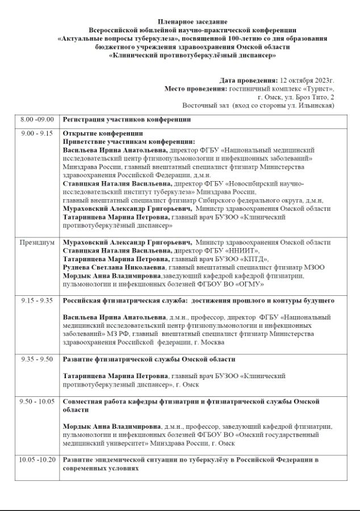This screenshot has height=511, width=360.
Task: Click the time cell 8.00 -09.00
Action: coord(37,119)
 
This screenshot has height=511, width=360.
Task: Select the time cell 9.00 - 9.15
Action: coord(37,133)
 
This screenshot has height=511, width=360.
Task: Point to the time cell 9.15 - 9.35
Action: coord(37,300)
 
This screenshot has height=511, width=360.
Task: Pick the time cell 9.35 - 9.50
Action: coord(37,359)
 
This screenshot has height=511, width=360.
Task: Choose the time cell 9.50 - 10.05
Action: coord(37,401)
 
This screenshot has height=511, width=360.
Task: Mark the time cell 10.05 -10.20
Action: coord(37,459)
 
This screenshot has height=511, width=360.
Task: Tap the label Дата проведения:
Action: coord(249,80)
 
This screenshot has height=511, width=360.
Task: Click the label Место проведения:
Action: coord(195,89)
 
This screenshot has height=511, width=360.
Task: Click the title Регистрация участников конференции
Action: coord(127,119)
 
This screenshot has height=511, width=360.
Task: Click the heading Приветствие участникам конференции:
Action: coord(129,141)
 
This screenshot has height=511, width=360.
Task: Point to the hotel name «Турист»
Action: coord(317,89)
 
